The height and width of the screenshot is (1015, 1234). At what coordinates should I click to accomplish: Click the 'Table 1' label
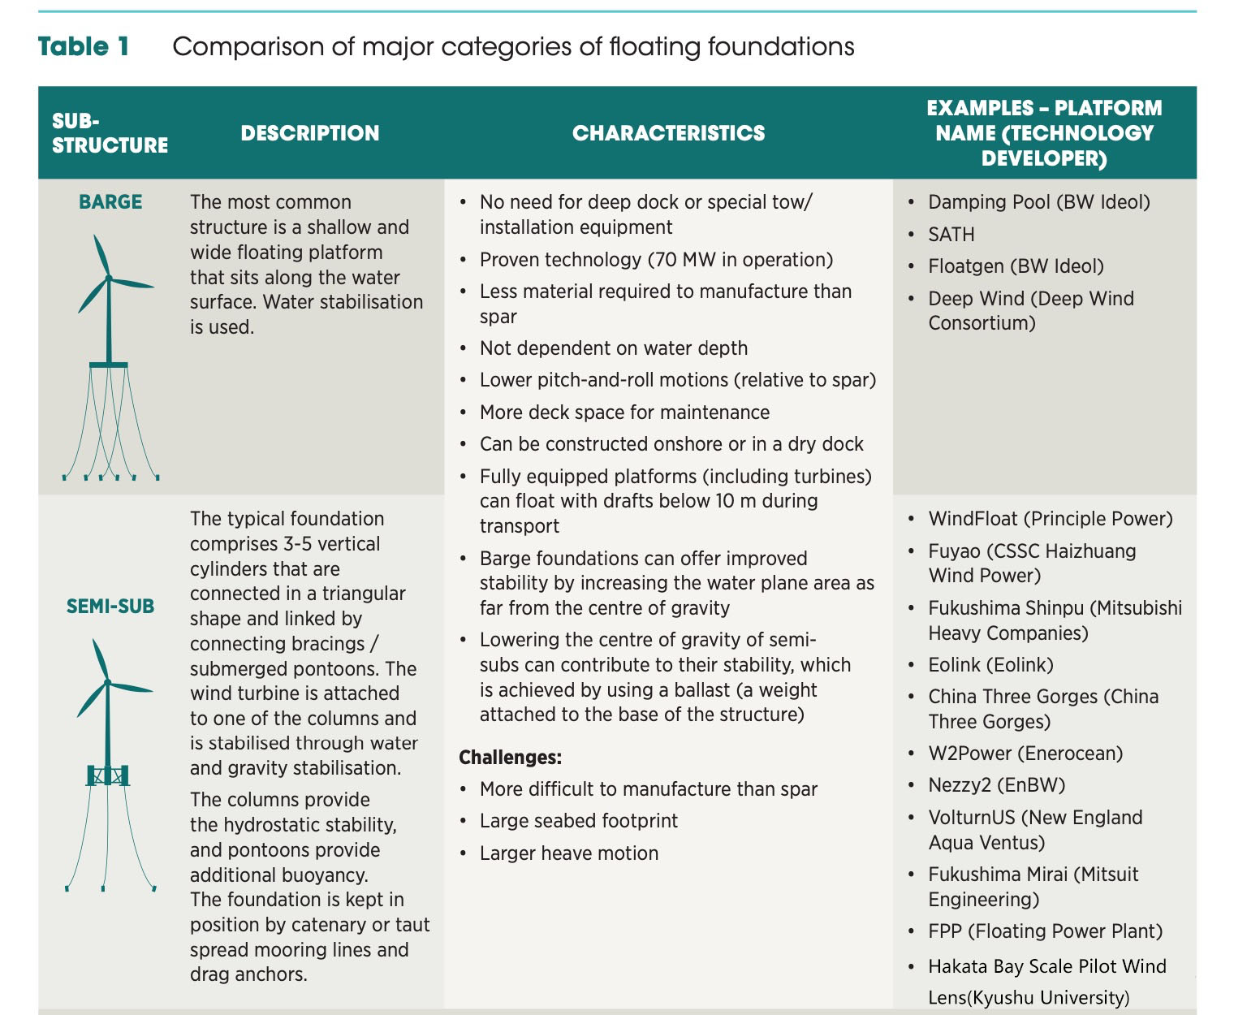pyautogui.click(x=84, y=46)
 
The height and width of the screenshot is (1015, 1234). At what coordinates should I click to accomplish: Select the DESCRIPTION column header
pyautogui.click(x=309, y=133)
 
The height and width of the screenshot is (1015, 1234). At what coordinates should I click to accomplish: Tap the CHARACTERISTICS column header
pyautogui.click(x=668, y=133)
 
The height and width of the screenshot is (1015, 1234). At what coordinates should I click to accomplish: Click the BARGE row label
pyautogui.click(x=110, y=202)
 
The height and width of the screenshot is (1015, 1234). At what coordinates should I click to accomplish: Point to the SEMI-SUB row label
pyautogui.click(x=110, y=606)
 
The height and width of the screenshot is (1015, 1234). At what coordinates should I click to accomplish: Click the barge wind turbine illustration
pyautogui.click(x=110, y=357)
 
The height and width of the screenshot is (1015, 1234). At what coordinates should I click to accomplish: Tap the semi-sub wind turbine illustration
pyautogui.click(x=108, y=763)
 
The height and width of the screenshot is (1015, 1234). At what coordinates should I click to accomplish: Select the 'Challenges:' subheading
pyautogui.click(x=510, y=758)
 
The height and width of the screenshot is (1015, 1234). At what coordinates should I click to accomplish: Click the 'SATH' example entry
pyautogui.click(x=951, y=235)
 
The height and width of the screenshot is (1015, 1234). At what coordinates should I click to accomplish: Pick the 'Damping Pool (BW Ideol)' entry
pyautogui.click(x=1038, y=202)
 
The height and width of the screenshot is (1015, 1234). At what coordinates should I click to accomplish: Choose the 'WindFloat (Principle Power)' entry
pyautogui.click(x=1050, y=519)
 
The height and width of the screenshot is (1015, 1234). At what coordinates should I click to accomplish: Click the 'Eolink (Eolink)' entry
pyautogui.click(x=990, y=665)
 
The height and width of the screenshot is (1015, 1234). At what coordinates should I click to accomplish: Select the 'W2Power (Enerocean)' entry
pyautogui.click(x=1025, y=754)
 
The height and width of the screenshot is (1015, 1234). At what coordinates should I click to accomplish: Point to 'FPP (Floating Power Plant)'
pyautogui.click(x=1045, y=931)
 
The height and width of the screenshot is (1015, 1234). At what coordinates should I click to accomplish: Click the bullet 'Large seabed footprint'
pyautogui.click(x=578, y=821)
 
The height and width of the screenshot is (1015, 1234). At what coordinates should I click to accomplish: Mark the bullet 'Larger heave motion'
pyautogui.click(x=568, y=853)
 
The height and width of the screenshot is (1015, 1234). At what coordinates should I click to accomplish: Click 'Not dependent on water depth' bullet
pyautogui.click(x=613, y=348)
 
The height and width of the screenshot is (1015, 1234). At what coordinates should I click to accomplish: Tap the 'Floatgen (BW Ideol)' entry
pyautogui.click(x=1016, y=266)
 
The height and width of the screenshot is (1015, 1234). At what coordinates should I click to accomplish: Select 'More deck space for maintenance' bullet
pyautogui.click(x=624, y=412)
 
